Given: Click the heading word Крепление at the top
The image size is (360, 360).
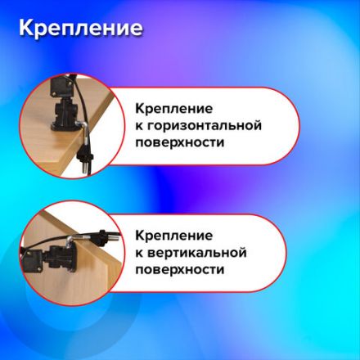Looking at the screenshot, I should pyautogui.click(x=80, y=29).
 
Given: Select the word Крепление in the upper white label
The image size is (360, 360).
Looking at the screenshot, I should pyautogui.click(x=174, y=109).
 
